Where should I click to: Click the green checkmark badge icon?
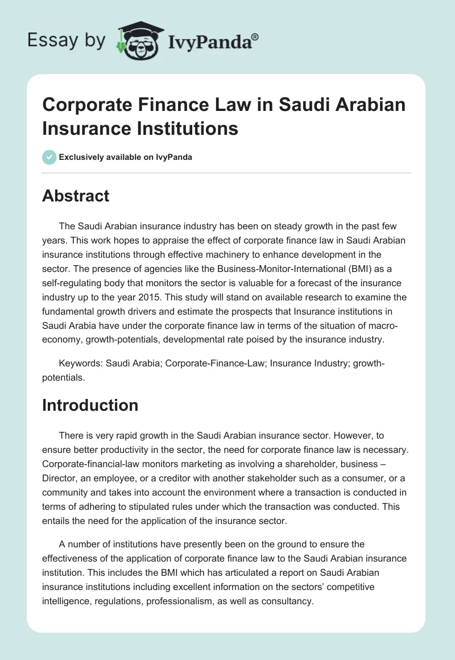49,157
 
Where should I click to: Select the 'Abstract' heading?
76,196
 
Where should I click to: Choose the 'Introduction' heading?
90,405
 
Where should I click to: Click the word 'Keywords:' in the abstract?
80,363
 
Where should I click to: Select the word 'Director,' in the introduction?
62,476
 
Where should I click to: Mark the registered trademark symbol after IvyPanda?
255,36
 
